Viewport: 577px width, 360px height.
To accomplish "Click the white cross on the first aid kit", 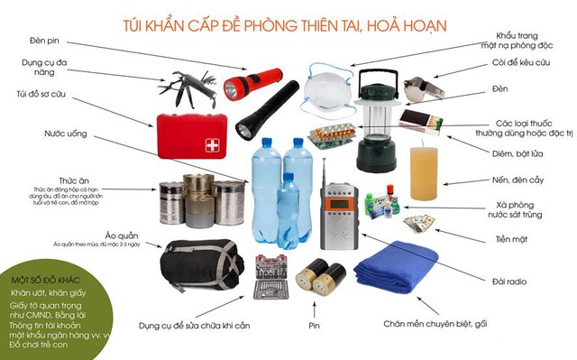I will point(212,144).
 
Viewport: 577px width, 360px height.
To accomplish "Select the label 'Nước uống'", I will point(66,133).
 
